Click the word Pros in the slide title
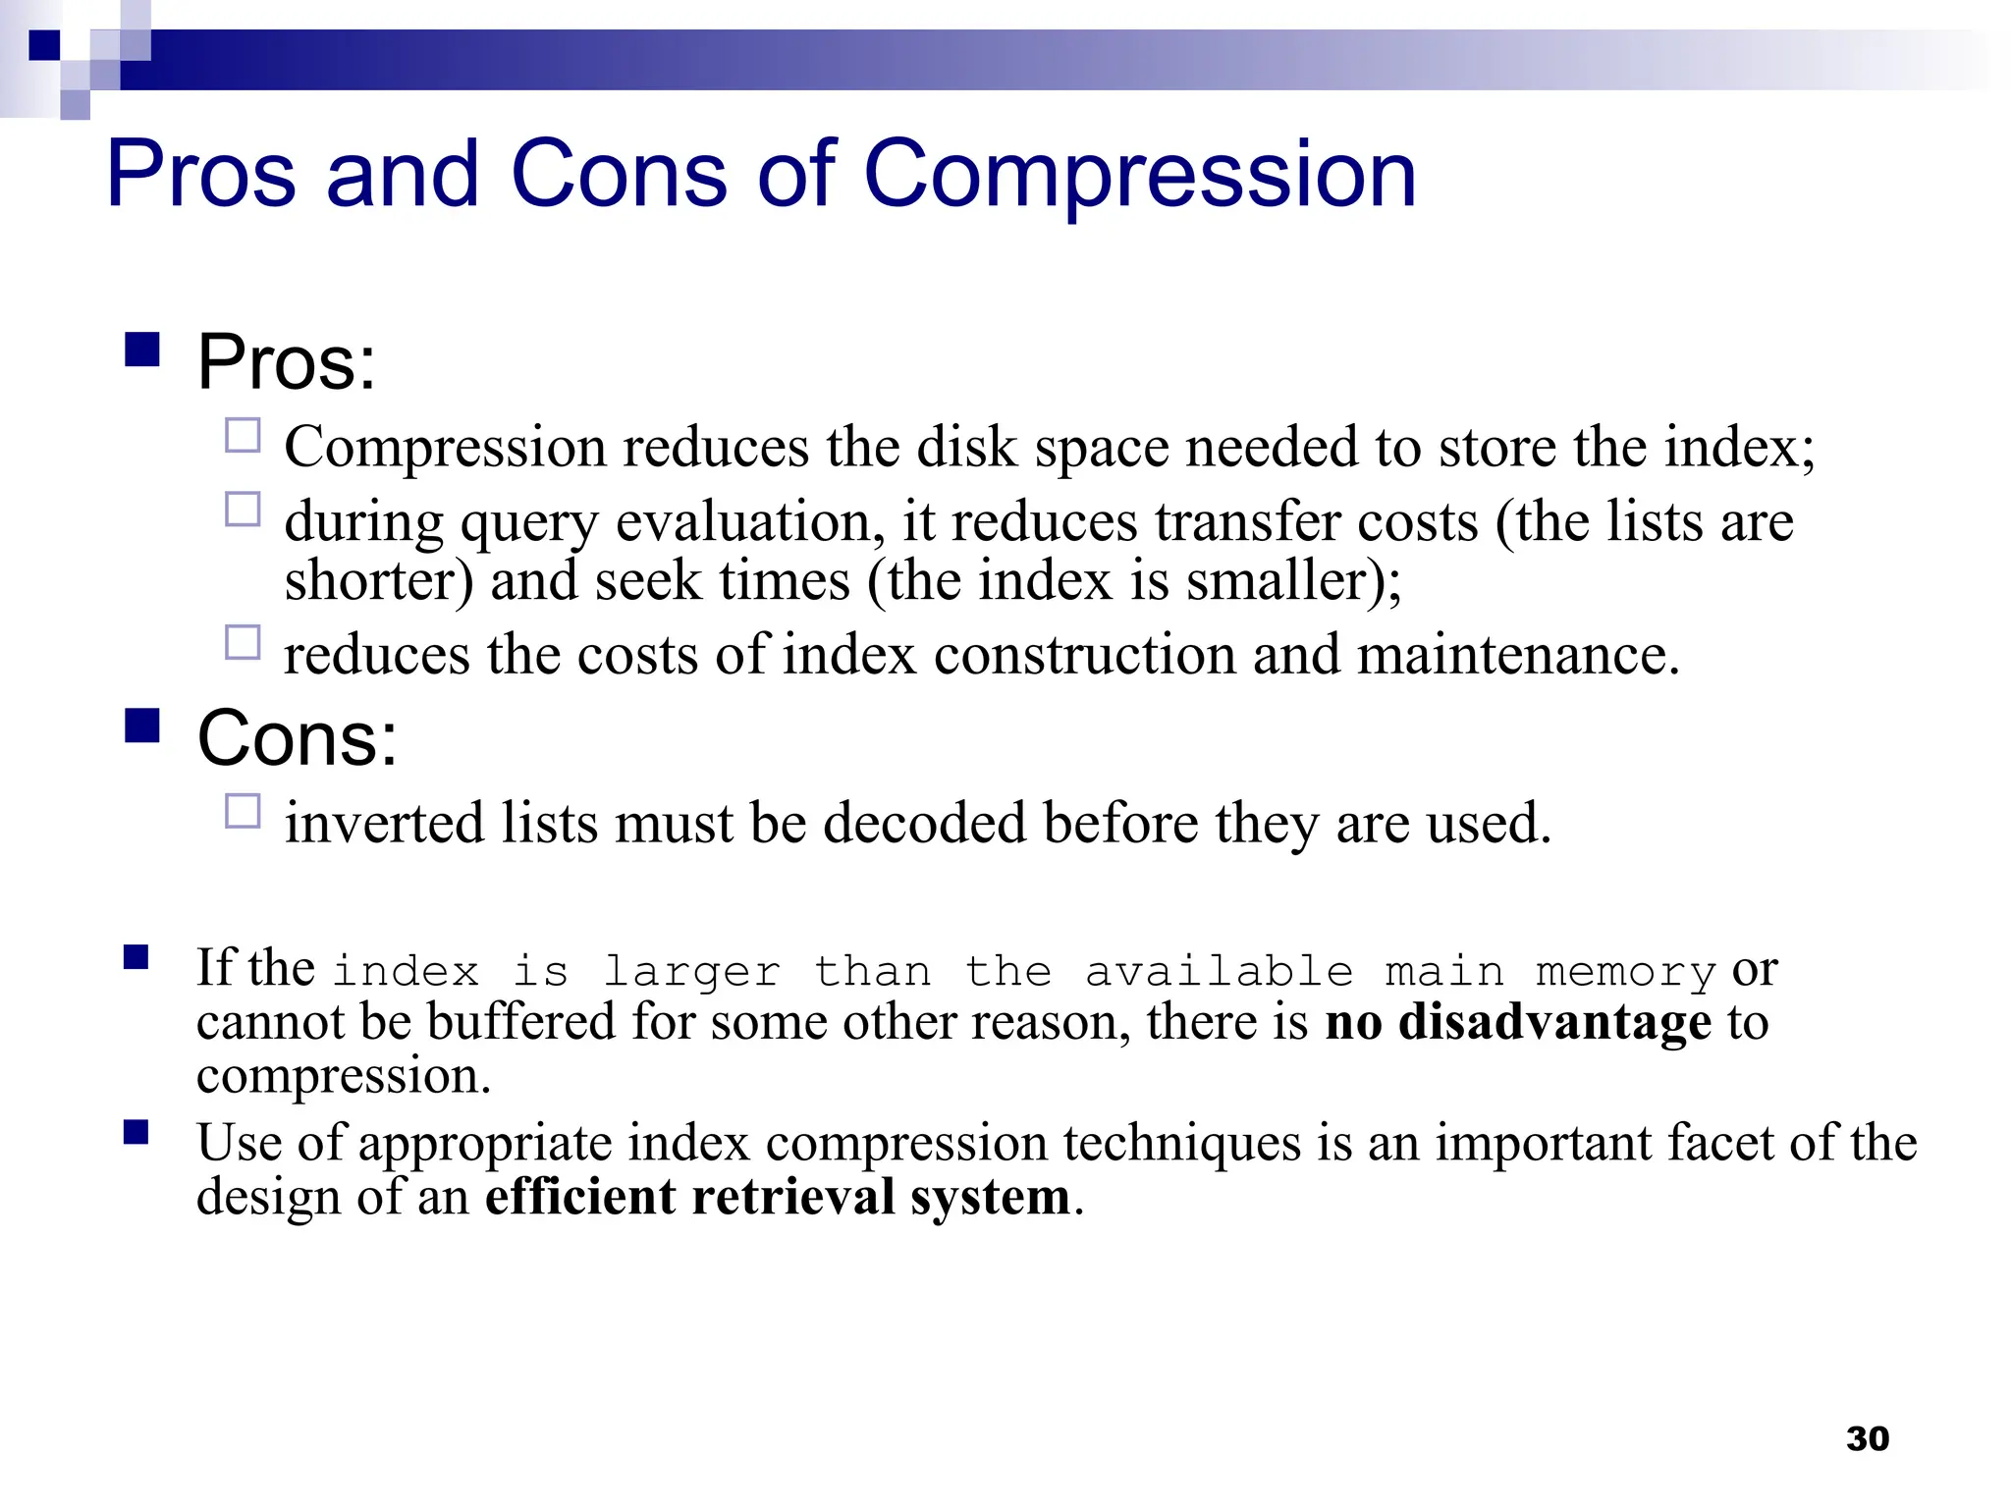point(201,175)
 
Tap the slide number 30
point(1867,1438)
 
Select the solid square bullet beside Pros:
point(142,350)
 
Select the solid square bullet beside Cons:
point(142,726)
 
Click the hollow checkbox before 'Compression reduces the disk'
point(243,435)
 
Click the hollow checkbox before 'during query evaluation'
point(243,510)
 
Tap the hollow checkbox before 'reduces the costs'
point(243,642)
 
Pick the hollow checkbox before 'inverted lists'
point(243,811)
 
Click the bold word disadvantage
point(1555,1022)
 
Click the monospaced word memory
point(1625,972)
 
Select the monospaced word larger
point(691,972)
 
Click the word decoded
point(924,823)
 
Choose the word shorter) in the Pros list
point(379,581)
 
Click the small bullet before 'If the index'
point(136,957)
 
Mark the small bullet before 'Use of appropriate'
point(136,1133)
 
